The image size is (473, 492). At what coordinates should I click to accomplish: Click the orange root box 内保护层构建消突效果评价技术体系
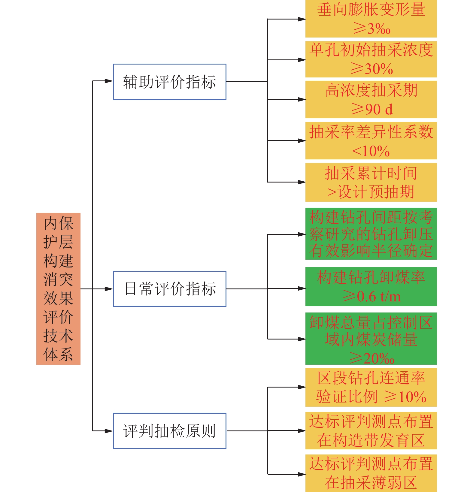tap(58, 289)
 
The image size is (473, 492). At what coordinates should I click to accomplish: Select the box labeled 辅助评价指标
tap(169, 82)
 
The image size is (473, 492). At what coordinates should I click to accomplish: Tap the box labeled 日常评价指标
tap(169, 289)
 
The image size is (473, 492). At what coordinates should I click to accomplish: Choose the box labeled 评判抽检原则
tap(169, 431)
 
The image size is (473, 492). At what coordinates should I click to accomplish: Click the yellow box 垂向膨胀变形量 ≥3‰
tap(371, 19)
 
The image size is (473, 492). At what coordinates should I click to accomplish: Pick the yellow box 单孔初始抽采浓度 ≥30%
tap(371, 59)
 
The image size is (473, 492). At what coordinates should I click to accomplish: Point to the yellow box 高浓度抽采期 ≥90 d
tap(371, 99)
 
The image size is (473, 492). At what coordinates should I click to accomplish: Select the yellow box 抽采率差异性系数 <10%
tap(371, 140)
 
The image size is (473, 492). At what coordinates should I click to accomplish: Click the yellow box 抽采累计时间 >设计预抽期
tap(371, 182)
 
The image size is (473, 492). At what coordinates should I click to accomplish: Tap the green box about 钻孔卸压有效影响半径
tap(371, 234)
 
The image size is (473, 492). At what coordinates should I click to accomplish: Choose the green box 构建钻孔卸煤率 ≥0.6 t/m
tap(371, 287)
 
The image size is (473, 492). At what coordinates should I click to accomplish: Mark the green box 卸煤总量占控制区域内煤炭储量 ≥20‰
tap(371, 339)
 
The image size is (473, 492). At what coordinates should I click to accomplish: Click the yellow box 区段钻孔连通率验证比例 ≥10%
tap(371, 387)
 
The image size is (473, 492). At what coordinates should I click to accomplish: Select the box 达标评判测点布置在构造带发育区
tap(371, 430)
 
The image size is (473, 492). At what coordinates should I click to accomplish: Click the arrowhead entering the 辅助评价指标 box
tap(109, 81)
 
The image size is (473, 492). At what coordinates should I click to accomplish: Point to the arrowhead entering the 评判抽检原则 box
tap(109, 431)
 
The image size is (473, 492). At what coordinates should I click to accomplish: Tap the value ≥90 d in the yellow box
tap(372, 109)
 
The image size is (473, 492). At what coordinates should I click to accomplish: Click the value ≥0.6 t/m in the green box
tap(372, 297)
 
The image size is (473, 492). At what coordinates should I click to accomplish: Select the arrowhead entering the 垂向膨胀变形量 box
tap(302, 19)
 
